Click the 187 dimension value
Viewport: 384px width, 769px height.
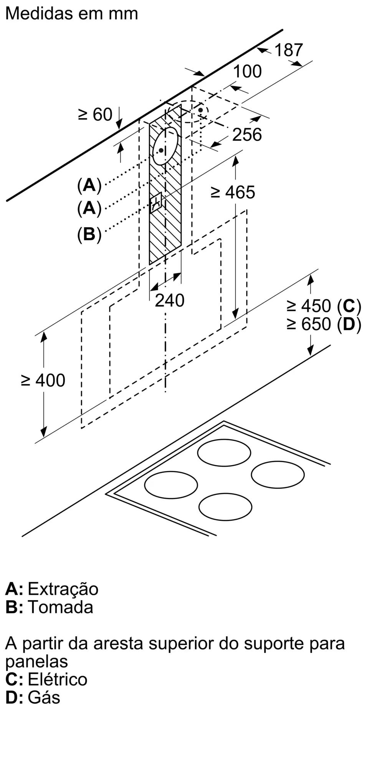point(289,50)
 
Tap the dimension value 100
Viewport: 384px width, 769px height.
point(248,72)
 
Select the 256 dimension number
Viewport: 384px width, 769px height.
point(247,135)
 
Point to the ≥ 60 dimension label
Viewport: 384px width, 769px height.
point(95,115)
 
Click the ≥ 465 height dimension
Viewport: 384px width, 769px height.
point(233,192)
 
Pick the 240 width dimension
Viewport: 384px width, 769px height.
point(169,300)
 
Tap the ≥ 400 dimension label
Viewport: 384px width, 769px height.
point(43,381)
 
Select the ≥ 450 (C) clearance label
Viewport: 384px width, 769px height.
point(324,306)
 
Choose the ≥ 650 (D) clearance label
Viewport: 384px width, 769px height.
point(324,324)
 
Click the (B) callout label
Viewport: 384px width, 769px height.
point(89,234)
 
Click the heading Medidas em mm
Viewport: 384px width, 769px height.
point(72,14)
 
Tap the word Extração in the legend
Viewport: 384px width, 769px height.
point(63,589)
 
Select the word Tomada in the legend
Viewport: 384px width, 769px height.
point(61,607)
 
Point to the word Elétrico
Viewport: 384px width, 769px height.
point(58,679)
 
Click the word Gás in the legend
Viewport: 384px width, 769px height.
point(44,697)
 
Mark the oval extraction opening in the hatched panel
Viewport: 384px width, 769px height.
point(166,146)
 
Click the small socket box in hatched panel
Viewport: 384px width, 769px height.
point(157,203)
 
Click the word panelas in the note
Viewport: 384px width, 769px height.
point(36,661)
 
